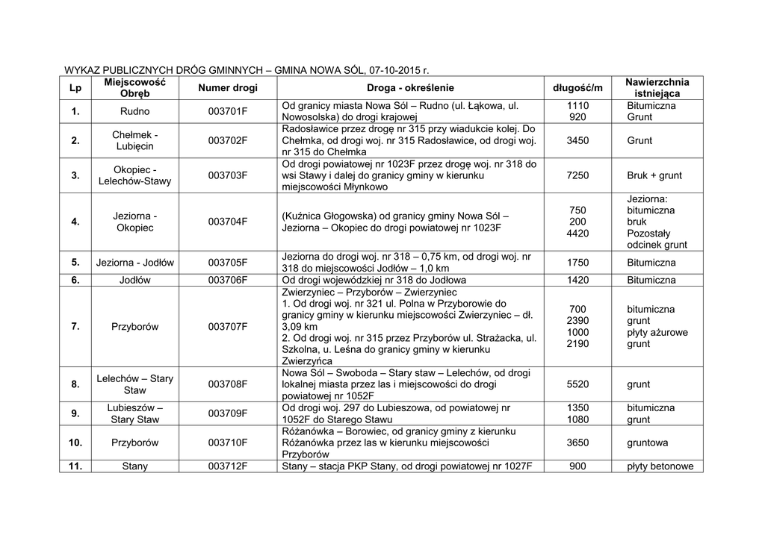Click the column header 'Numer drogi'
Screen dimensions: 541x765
(x=228, y=88)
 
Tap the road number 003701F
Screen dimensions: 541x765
(x=228, y=112)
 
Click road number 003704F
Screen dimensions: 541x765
(x=228, y=222)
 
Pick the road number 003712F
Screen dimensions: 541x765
(x=228, y=466)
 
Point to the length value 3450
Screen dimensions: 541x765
(x=577, y=140)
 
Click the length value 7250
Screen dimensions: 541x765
(x=577, y=175)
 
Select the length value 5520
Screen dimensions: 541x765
(x=577, y=384)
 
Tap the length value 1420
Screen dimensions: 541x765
(x=577, y=281)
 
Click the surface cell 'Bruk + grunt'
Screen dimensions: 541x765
(x=654, y=175)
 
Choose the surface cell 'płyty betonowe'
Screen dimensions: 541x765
(x=660, y=466)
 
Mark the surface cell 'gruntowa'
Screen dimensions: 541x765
(x=648, y=443)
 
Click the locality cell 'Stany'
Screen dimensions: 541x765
(x=134, y=466)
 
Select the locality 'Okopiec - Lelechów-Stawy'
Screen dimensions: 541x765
(x=134, y=175)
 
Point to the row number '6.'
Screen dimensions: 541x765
(x=75, y=281)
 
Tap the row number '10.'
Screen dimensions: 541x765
(x=75, y=443)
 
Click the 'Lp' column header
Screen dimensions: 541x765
(x=75, y=88)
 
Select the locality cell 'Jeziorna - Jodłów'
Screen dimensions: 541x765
(x=134, y=263)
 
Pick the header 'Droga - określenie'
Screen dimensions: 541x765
(x=410, y=88)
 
